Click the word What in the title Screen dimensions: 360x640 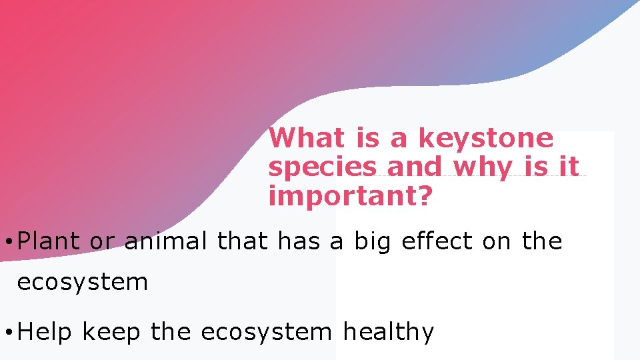[x=307, y=138]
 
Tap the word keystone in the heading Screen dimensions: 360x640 [x=485, y=139]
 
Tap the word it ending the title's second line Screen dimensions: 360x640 [x=569, y=167]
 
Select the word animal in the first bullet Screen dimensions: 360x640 [x=166, y=241]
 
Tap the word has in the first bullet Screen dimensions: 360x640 [x=299, y=241]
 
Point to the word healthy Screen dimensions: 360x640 [x=388, y=332]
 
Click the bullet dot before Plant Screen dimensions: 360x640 [x=6, y=242]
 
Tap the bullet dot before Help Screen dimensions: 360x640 [x=6, y=332]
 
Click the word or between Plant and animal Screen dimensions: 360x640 [x=102, y=241]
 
